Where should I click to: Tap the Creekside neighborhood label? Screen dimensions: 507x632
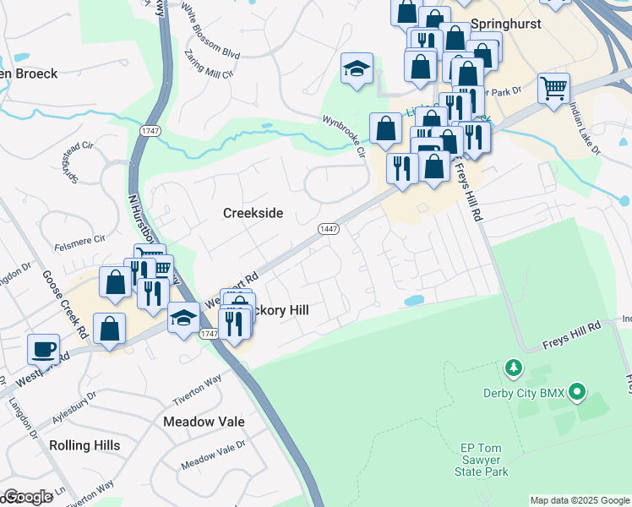coord(253,213)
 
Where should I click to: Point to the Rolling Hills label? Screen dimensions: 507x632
coord(84,445)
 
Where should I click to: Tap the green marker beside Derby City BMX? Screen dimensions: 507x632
coord(577,392)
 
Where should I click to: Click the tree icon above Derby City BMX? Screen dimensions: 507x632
coord(512,368)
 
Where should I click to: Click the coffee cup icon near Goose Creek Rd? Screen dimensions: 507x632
coord(43,349)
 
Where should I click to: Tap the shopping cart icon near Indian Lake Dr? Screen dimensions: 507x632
coord(553,88)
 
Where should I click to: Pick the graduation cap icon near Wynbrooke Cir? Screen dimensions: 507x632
coord(357,69)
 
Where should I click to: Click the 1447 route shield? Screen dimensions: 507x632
coord(329,229)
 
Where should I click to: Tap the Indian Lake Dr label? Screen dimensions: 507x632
coord(584,128)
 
